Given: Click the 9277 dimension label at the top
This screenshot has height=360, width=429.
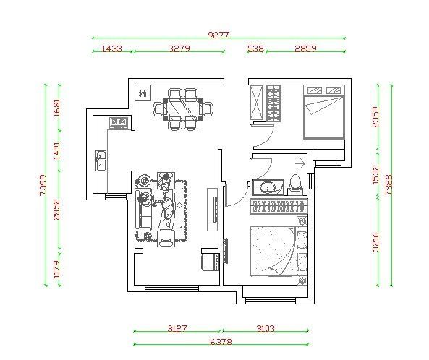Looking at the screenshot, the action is pyautogui.click(x=218, y=35).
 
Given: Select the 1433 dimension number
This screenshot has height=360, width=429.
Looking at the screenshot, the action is pyautogui.click(x=112, y=49).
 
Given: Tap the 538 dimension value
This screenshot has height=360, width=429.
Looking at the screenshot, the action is pyautogui.click(x=255, y=49).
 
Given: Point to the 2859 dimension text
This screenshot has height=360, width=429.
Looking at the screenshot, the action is pyautogui.click(x=305, y=48).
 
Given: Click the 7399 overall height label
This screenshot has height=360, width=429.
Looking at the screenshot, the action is pyautogui.click(x=43, y=185).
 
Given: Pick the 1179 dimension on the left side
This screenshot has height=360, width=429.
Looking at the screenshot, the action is pyautogui.click(x=56, y=269).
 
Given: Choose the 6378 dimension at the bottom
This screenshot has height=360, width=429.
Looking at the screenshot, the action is pyautogui.click(x=221, y=342).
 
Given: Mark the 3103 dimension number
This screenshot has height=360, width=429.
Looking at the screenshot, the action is pyautogui.click(x=266, y=328).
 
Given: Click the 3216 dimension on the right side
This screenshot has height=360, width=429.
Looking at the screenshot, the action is pyautogui.click(x=375, y=242).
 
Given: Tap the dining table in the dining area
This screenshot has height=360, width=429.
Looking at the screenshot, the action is pyautogui.click(x=183, y=108).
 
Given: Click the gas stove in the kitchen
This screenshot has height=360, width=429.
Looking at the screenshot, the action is pyautogui.click(x=119, y=122).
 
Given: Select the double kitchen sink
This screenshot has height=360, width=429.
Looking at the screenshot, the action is pyautogui.click(x=101, y=160).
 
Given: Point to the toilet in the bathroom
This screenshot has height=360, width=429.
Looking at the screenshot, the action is pyautogui.click(x=295, y=184).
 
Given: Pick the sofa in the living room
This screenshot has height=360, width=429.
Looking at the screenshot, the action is pyautogui.click(x=144, y=209).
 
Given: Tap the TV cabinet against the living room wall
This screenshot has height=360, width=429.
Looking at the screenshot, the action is pyautogui.click(x=213, y=210).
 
